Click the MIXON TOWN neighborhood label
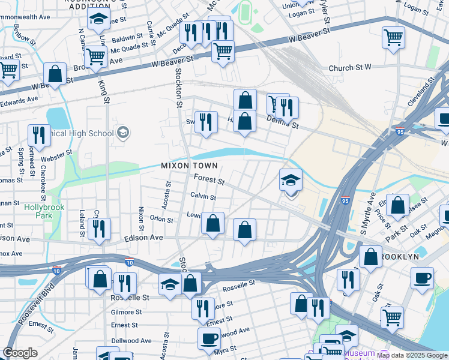point(189,165)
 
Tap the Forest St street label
point(209,179)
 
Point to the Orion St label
point(161,220)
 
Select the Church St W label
point(350,68)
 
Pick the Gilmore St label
point(126,312)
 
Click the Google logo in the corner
point(20,353)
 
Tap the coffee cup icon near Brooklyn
point(422,277)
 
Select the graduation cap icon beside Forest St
point(291,179)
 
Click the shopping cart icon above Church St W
point(394,37)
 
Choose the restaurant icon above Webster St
point(39,135)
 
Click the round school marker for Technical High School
point(123,133)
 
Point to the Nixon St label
point(141,219)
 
